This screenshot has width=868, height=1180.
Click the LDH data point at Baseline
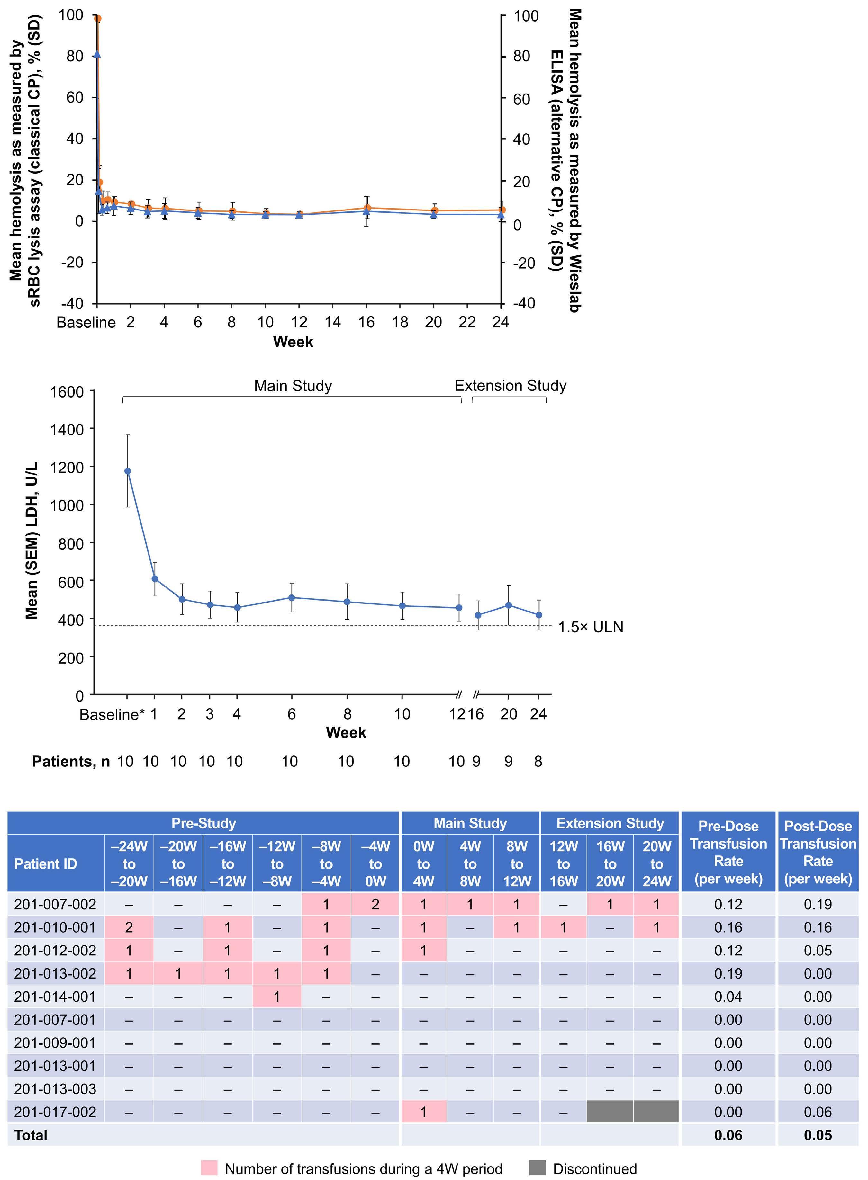click(x=127, y=471)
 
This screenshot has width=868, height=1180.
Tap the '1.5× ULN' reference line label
click(x=590, y=627)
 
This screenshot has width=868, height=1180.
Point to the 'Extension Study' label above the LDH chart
click(x=510, y=386)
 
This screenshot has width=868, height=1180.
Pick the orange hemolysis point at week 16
click(x=367, y=208)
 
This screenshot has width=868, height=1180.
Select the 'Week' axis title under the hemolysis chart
click(x=293, y=342)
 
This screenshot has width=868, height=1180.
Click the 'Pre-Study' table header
click(x=203, y=823)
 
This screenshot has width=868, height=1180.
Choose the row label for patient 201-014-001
click(x=55, y=997)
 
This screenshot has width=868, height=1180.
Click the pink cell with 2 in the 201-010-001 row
click(x=129, y=927)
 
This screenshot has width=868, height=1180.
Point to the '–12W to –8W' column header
click(x=277, y=864)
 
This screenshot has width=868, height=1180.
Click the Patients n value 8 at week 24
click(x=538, y=762)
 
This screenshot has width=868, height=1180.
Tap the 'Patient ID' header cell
click(x=46, y=864)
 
